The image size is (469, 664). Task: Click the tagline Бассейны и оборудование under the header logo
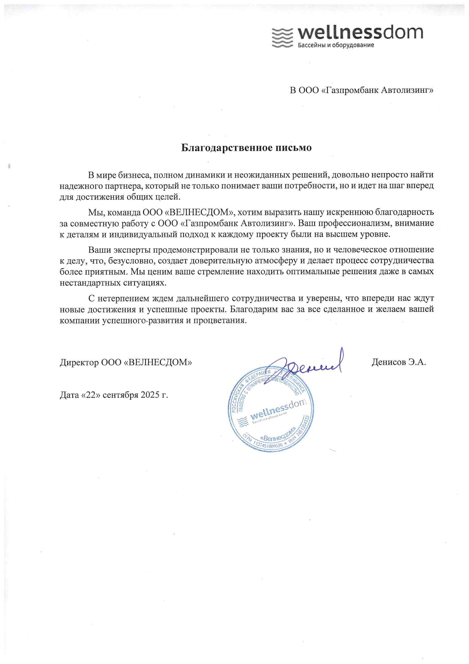pyautogui.click(x=336, y=45)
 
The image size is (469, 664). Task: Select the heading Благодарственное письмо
pyautogui.click(x=246, y=148)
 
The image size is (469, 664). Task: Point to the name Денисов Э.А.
pyautogui.click(x=399, y=362)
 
